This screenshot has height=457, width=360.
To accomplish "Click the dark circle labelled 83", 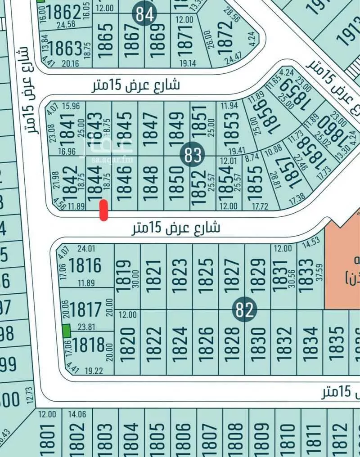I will (192, 155).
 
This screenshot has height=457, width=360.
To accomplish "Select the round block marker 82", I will (245, 310).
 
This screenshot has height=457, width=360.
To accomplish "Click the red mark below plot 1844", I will (103, 211).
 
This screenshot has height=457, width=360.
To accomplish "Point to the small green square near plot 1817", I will (66, 331).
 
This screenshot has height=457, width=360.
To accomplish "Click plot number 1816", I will (85, 265).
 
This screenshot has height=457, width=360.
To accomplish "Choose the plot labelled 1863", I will (66, 48).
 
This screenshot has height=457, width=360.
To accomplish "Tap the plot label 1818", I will (88, 345).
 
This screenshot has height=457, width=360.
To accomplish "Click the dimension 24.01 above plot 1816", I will (87, 248).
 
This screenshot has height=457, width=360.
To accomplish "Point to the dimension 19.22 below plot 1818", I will (94, 371).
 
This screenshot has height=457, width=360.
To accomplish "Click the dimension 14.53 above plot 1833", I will (311, 243).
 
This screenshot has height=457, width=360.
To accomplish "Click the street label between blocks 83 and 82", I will (176, 228).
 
